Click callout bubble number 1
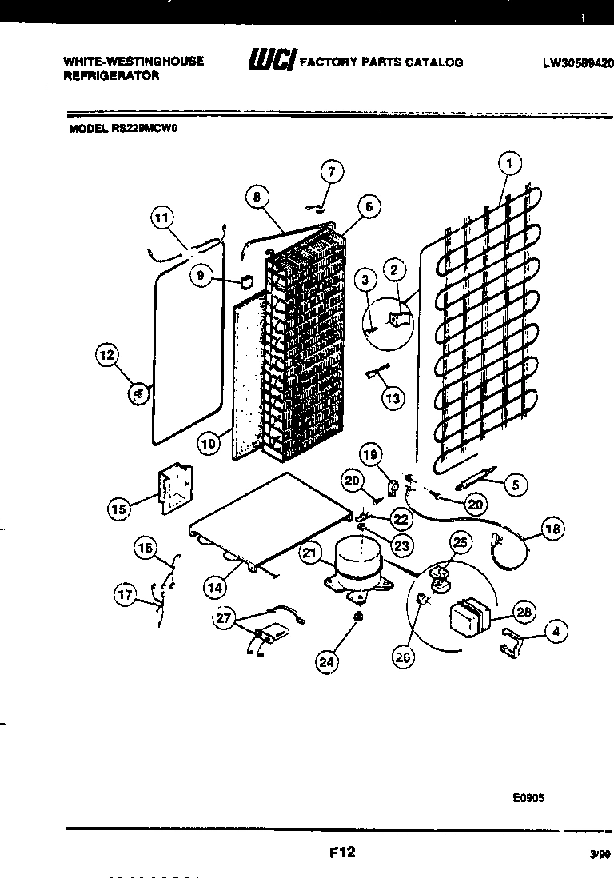[x=509, y=164]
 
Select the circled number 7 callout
[x=332, y=171]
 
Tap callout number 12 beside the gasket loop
[x=107, y=356]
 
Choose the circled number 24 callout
[x=326, y=660]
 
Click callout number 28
[x=524, y=613]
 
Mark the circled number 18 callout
[x=552, y=528]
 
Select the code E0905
[x=528, y=797]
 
